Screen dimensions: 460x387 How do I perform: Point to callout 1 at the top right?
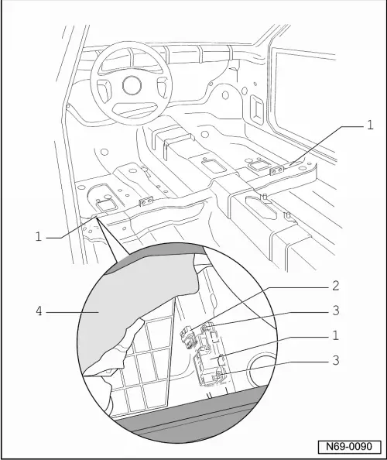[370, 124]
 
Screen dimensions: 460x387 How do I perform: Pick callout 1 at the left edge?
[37, 236]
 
